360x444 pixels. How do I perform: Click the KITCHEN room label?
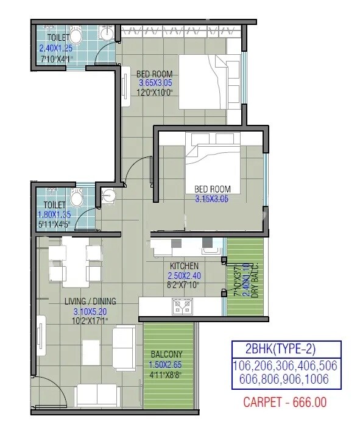[x=184, y=266]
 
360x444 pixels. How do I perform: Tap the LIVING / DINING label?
[x=91, y=301]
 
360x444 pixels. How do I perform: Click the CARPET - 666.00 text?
[x=285, y=403]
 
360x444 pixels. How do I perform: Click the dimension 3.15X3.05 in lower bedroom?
[x=211, y=199]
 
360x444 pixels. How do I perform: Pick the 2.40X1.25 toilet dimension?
[x=56, y=48]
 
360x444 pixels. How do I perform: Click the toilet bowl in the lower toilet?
[x=77, y=197]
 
